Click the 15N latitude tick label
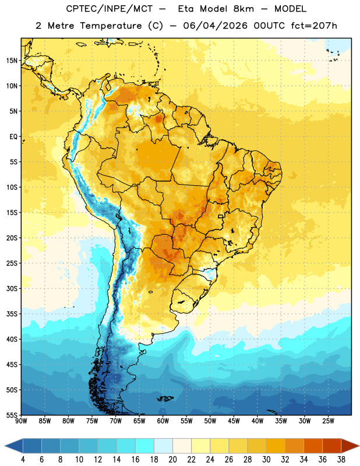pos(12,61)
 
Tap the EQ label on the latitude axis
pos(13,137)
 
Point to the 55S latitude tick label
pos(12,415)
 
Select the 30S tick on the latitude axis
pos(12,288)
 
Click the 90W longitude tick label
pos(21,421)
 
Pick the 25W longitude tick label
pos(328,421)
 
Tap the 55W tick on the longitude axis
pos(186,421)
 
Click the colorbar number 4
pos(23,460)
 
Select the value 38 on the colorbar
pos(341,460)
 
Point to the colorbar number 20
pos(172,460)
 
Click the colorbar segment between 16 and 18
pos(145,446)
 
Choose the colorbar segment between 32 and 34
pos(294,446)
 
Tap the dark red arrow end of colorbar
pos(349,446)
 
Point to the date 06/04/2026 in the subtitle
pos(215,26)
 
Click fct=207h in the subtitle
pos(314,26)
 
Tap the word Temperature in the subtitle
pos(111,26)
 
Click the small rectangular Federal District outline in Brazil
pos(221,216)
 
